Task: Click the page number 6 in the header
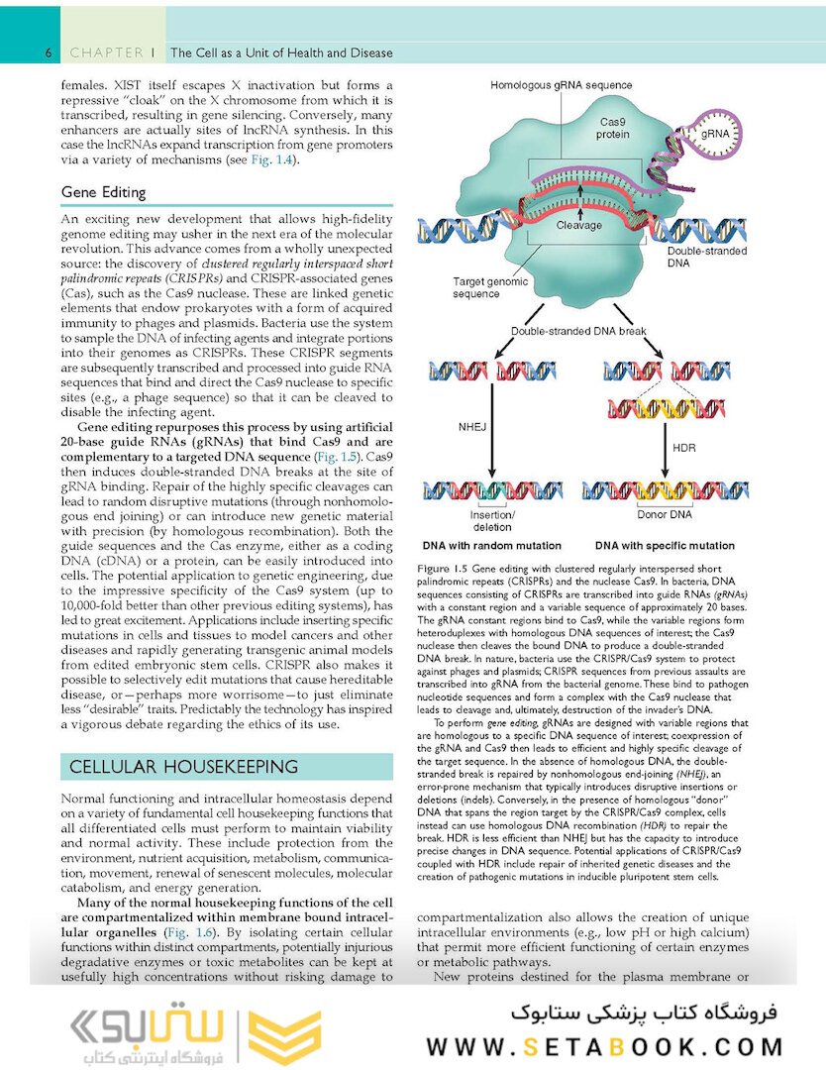[x=48, y=53]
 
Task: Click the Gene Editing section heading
[x=103, y=192]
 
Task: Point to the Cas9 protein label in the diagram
[x=612, y=129]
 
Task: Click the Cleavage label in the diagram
[x=578, y=225]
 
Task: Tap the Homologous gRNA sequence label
[x=561, y=85]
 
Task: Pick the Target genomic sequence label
[x=490, y=287]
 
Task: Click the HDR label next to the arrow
[x=684, y=448]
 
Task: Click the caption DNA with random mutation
[x=491, y=546]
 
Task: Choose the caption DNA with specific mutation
[x=665, y=546]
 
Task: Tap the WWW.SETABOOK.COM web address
[x=605, y=1047]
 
